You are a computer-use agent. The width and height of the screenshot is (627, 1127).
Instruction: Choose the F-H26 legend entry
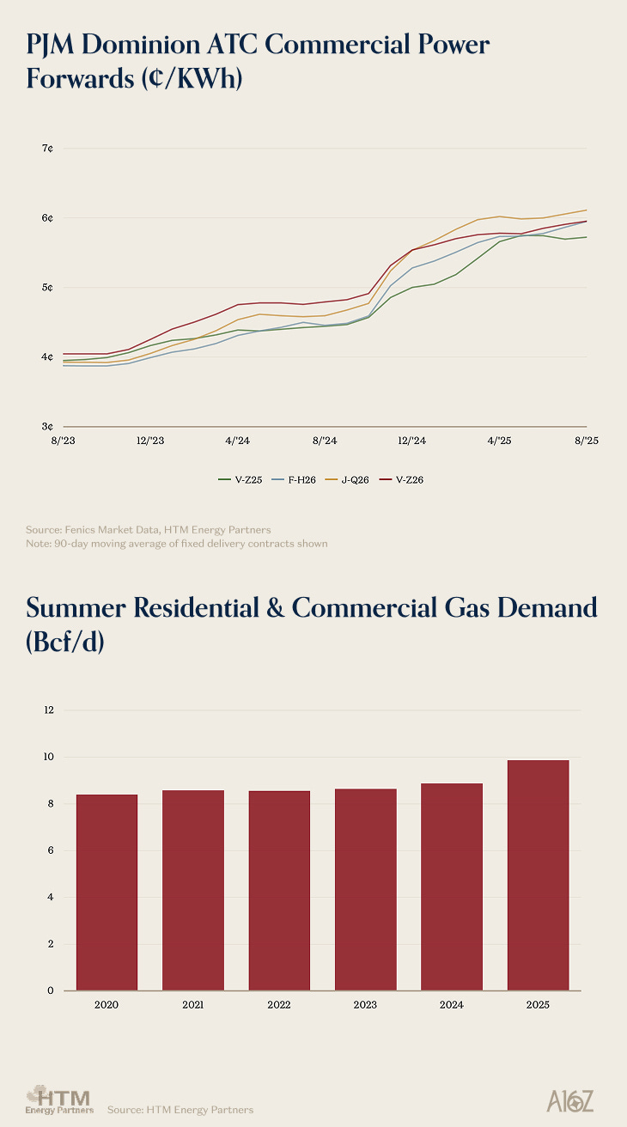point(295,479)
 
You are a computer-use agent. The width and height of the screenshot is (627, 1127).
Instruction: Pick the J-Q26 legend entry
point(350,479)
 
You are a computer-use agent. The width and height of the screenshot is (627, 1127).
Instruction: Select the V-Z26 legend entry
point(404,479)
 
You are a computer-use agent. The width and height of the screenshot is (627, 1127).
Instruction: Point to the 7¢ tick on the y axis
point(48,149)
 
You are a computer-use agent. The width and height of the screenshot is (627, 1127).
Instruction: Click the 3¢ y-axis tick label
point(48,426)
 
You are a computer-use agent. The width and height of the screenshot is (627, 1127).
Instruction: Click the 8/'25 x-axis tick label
point(586,440)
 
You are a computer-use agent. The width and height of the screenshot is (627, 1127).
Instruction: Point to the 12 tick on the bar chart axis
point(48,710)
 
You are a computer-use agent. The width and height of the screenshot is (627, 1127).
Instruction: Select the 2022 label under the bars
point(279,1005)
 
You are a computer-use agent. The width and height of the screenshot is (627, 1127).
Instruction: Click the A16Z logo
point(569,1101)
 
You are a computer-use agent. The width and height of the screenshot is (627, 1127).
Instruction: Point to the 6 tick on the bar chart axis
point(50,850)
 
